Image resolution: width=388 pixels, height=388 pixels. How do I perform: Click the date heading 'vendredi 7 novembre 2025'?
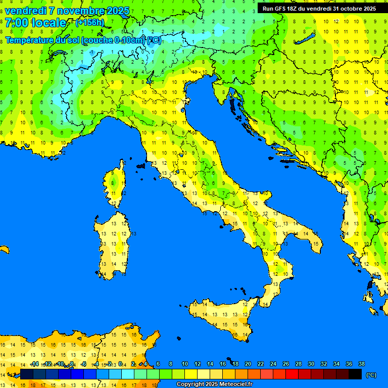(67, 11)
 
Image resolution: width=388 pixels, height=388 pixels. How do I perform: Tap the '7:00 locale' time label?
(35, 23)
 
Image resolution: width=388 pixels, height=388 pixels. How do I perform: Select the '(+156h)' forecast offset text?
(89, 22)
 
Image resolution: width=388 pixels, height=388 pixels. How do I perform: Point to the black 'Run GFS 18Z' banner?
(319, 9)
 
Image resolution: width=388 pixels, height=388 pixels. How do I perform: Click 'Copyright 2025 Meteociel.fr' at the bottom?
(214, 384)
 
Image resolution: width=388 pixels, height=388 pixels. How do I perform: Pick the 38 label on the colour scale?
(361, 364)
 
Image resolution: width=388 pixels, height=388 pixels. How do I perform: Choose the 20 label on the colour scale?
(248, 364)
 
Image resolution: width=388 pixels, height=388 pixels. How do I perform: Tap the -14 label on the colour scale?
(34, 364)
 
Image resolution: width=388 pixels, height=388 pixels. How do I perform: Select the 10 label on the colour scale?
(185, 364)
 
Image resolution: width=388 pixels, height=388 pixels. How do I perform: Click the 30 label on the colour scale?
(311, 364)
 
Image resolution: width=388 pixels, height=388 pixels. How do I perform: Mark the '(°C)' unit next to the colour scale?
(371, 375)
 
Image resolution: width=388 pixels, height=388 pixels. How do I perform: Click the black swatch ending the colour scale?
(355, 374)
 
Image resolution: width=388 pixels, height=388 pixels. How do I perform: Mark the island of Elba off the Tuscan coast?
(141, 166)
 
